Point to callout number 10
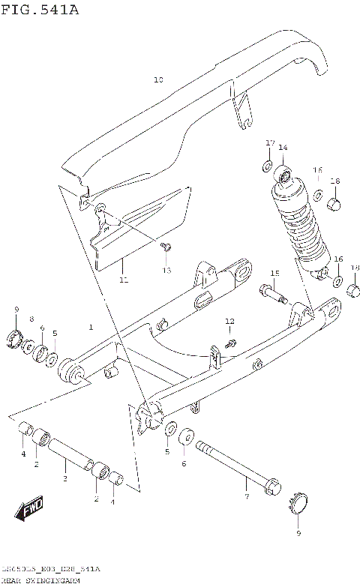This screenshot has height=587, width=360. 157,79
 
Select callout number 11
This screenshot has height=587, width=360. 124,280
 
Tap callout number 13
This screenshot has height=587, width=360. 166,269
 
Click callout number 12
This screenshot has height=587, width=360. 229,321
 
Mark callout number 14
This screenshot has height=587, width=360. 283,148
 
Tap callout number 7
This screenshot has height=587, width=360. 245,496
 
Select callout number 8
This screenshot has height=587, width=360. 31,319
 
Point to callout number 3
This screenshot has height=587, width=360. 66,478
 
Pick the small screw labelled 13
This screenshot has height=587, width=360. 169,246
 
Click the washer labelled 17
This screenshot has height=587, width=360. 268,163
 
